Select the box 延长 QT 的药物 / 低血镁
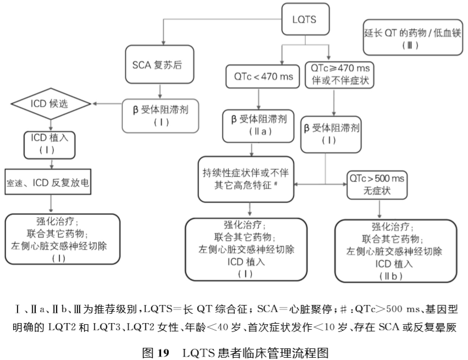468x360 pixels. point(413,38)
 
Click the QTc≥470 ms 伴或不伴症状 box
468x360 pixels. point(338,74)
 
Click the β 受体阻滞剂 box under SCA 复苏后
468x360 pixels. point(160,115)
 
